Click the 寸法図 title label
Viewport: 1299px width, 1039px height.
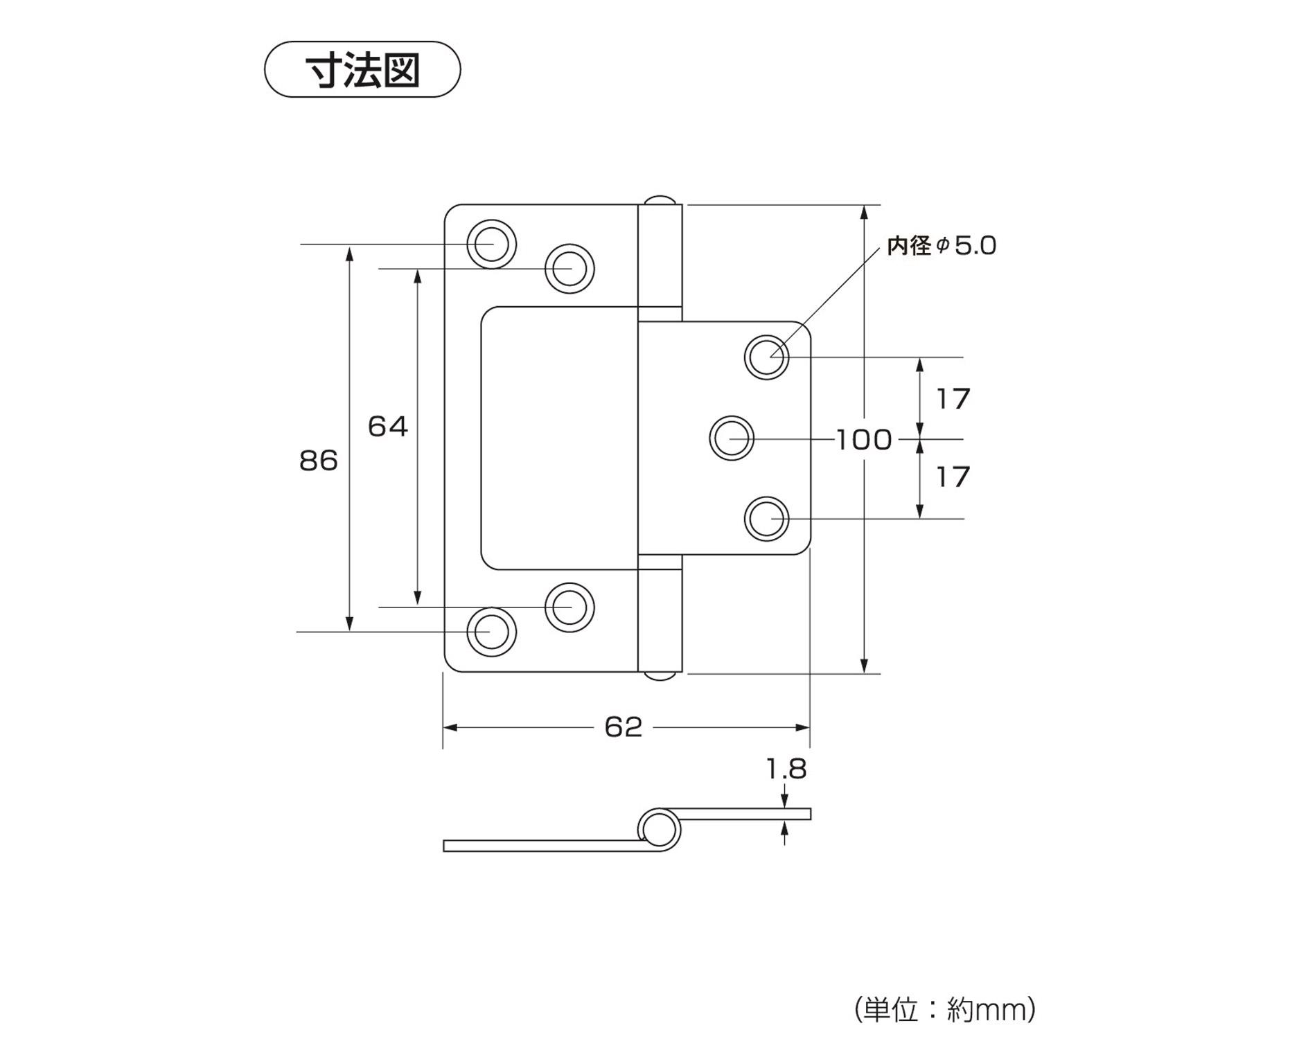click(362, 70)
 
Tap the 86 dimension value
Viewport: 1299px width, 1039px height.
click(318, 461)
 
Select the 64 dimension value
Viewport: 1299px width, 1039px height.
click(387, 427)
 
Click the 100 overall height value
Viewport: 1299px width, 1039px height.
click(863, 440)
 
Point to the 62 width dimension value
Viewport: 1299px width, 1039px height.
click(624, 727)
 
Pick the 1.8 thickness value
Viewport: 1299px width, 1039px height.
click(786, 769)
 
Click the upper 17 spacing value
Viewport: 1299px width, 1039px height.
click(953, 399)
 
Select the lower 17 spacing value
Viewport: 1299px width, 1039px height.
click(953, 477)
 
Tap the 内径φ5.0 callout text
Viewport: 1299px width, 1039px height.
click(942, 246)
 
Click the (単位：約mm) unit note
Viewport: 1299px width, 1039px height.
click(945, 1009)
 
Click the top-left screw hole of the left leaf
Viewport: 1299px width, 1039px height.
click(491, 244)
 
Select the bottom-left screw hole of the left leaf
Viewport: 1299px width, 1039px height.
click(491, 632)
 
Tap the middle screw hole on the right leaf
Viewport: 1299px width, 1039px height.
click(732, 438)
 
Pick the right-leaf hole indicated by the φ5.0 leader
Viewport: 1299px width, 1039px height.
click(766, 357)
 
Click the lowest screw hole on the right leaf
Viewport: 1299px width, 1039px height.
click(766, 519)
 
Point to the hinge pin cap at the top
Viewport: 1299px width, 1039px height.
click(660, 200)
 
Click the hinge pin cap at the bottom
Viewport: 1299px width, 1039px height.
click(660, 675)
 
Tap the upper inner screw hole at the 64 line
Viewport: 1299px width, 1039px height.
click(569, 268)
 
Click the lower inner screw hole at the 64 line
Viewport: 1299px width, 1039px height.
click(569, 607)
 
